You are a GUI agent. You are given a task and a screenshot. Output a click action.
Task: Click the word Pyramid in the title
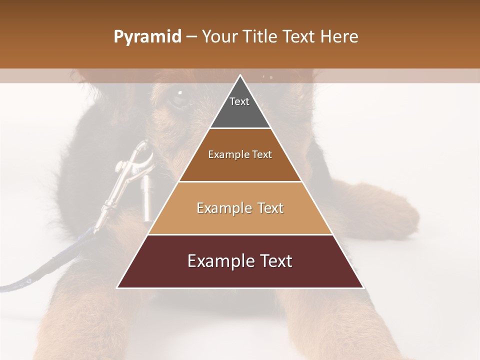click(147, 37)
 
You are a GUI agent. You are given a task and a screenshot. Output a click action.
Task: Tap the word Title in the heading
click(261, 37)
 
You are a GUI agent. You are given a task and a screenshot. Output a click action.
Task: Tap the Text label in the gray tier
click(239, 101)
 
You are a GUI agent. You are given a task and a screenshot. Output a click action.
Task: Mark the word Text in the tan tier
click(270, 208)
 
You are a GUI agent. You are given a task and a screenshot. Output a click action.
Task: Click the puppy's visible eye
click(178, 97)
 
